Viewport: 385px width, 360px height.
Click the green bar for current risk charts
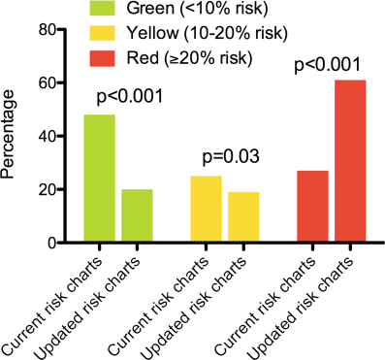tap(100, 179)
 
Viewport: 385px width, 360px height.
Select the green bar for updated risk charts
tap(137, 215)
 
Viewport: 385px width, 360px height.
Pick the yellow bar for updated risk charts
tap(243, 217)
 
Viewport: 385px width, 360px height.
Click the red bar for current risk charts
tap(312, 207)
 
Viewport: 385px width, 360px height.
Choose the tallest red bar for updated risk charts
tap(350, 161)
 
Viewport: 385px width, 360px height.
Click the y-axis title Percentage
tap(14, 136)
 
